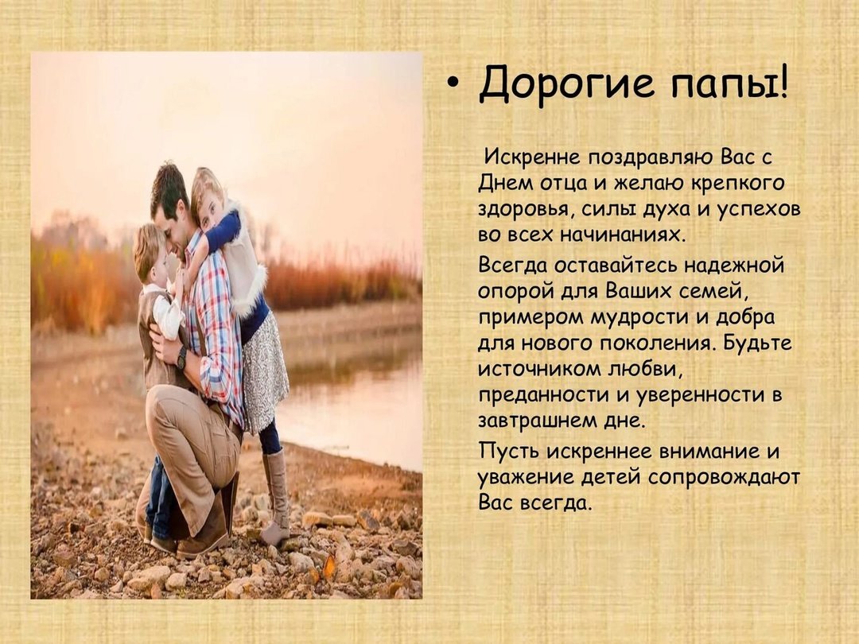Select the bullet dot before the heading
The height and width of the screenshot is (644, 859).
pos(452,84)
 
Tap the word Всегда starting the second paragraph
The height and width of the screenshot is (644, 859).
pos(513,266)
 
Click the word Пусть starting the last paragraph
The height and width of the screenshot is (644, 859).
pos(509,452)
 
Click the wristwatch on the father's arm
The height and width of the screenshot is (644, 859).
pos(181,358)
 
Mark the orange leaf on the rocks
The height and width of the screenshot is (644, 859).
pos(328,566)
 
